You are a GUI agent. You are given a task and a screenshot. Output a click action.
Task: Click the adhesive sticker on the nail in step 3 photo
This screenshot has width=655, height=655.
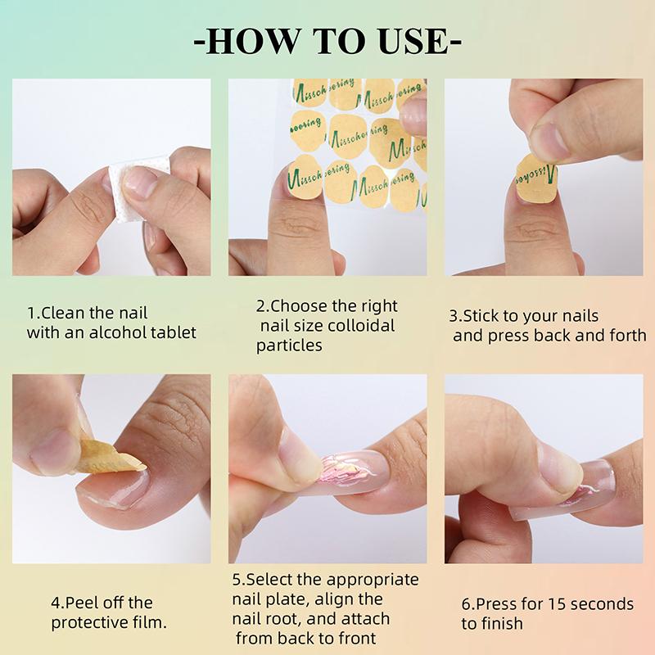tap(537, 174)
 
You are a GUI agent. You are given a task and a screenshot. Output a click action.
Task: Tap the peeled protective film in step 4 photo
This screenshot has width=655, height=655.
tap(106, 457)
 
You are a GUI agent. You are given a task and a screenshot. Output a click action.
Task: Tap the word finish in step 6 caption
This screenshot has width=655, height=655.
tap(502, 624)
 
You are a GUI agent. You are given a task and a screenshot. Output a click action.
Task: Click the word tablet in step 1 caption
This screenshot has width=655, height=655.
tap(174, 333)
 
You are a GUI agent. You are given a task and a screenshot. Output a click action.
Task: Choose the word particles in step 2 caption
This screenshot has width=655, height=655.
tap(289, 346)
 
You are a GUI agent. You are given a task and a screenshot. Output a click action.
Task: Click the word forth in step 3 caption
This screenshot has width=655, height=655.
tap(626, 336)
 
